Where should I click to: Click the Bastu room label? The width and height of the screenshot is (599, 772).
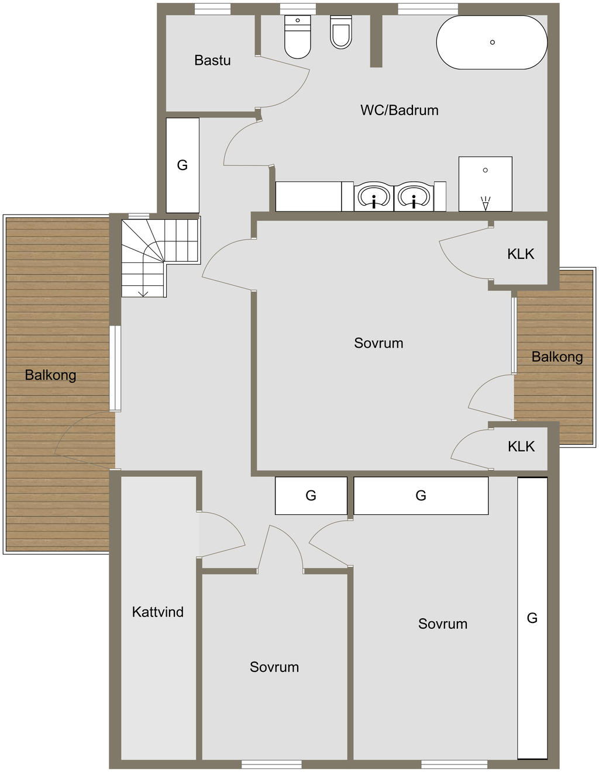(x=212, y=60)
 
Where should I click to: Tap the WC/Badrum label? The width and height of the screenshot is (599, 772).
(x=399, y=110)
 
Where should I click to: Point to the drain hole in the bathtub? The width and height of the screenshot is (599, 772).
(x=493, y=42)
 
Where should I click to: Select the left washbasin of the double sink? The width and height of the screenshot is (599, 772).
(x=373, y=197)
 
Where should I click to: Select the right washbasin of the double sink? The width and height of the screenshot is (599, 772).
(x=414, y=197)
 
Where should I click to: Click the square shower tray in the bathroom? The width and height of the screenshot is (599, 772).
(x=485, y=184)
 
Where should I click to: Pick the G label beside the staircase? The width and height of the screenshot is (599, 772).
(x=183, y=165)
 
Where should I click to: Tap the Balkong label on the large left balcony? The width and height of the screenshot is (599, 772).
(x=50, y=375)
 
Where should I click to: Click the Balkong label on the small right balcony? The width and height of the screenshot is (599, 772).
(x=557, y=356)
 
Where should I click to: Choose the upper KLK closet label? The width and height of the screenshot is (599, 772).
(x=521, y=254)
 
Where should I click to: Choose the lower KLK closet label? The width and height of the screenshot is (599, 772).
(x=521, y=446)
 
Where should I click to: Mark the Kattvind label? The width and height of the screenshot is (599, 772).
(x=157, y=612)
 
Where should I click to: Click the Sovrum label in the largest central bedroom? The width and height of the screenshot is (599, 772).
(x=378, y=343)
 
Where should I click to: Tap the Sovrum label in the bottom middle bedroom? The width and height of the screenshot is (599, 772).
(x=274, y=667)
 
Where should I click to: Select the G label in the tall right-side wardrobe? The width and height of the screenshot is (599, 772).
(x=532, y=618)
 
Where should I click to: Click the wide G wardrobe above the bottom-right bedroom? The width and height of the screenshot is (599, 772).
(x=421, y=496)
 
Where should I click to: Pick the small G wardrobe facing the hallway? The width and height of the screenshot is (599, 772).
(x=311, y=496)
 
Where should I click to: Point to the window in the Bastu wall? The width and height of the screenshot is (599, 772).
(x=212, y=9)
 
